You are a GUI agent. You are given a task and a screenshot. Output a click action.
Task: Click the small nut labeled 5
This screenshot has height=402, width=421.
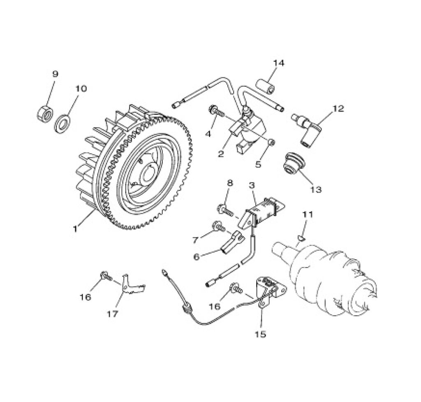271,142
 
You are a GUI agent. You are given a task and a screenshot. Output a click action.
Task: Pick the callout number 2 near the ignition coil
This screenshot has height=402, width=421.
221,154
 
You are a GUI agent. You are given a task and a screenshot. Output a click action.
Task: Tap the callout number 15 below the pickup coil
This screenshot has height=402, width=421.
261,334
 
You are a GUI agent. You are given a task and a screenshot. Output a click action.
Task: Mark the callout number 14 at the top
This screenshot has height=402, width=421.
278,63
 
